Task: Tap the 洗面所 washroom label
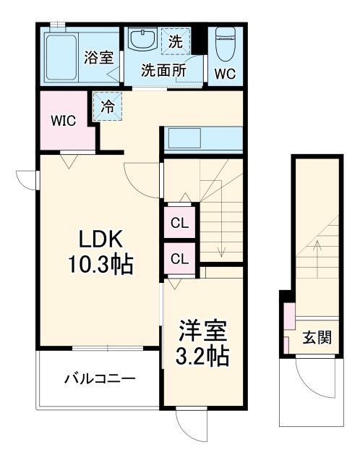pos(163,71)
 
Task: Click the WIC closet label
pos(63,120)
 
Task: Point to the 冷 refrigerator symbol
pos(107,107)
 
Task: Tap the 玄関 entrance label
pos(316,337)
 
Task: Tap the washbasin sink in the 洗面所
pos(142,40)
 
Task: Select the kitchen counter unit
pos(203,137)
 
